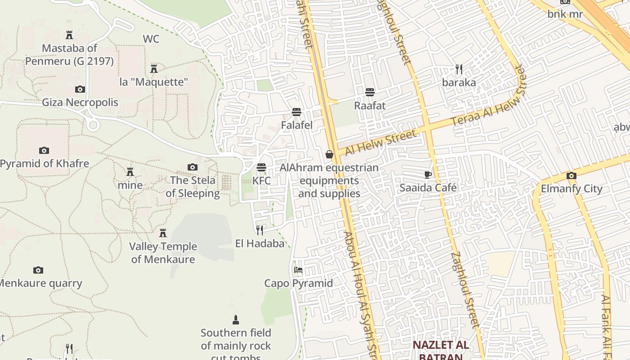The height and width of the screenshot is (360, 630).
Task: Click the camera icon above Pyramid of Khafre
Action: [x=44, y=150]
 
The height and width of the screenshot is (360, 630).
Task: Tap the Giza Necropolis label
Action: [x=80, y=102]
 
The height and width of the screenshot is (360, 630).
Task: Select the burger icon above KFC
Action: [x=261, y=167]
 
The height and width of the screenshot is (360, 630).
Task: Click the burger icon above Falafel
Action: [x=296, y=112]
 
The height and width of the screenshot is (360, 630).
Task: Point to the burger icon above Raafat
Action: [x=370, y=92]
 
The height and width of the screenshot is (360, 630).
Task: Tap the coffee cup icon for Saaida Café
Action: [x=427, y=174]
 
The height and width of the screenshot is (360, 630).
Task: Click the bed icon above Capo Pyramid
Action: [x=298, y=270]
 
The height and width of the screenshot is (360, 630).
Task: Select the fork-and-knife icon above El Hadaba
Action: [x=260, y=230]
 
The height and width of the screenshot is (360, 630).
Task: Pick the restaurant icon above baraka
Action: [x=459, y=69]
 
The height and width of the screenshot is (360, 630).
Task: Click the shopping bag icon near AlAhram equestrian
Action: [x=329, y=154]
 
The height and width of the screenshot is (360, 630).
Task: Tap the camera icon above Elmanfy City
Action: [x=571, y=175]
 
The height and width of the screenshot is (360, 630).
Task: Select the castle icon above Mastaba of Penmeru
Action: [x=69, y=35]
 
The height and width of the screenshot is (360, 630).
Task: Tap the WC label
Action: [x=151, y=39]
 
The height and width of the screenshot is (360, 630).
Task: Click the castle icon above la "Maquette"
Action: [x=154, y=68]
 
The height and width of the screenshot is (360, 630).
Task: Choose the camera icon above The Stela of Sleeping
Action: [x=192, y=167]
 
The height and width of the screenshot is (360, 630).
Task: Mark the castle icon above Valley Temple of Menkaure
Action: [x=163, y=233]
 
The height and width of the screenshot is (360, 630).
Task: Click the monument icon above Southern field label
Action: [x=235, y=320]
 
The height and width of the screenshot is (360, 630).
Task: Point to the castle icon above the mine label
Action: [x=130, y=171]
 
